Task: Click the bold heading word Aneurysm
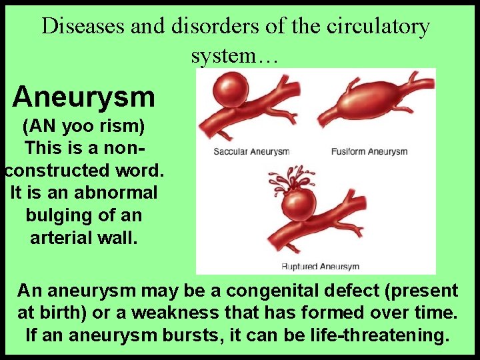click(x=84, y=97)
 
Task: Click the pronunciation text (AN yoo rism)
click(x=84, y=126)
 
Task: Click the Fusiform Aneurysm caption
click(x=369, y=152)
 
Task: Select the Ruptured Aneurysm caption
click(x=320, y=267)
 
